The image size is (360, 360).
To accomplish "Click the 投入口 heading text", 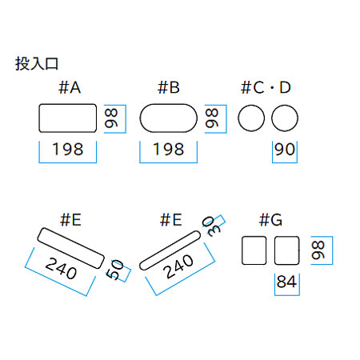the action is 37,64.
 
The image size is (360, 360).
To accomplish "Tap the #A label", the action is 70,87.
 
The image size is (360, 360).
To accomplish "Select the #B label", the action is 169,87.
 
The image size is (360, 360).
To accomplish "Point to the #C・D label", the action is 266,87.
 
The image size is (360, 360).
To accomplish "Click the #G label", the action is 270,220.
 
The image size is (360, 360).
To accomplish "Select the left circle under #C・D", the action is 238,118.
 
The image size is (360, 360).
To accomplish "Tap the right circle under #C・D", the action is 271,118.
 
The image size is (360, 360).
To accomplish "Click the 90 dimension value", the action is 285,149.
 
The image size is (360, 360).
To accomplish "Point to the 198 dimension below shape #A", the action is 68,149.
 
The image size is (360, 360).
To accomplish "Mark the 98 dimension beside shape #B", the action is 212,118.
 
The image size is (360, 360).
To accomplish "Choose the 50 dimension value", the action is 114,270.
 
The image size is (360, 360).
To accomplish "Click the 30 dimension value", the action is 211,226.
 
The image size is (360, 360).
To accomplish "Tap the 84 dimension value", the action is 286,282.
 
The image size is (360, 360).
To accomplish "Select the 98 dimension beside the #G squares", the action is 318,250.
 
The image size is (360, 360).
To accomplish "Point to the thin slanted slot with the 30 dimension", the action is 170,250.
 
